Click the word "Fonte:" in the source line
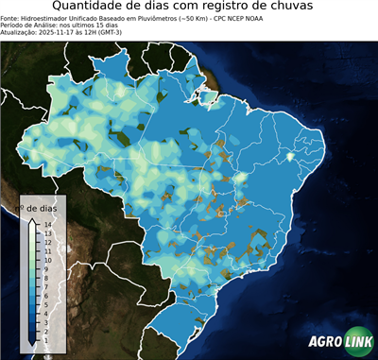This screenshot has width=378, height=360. [10, 17]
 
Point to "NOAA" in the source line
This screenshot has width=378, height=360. [248, 17]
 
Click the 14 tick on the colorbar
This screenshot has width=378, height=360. [46, 224]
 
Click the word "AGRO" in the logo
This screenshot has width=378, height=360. [324, 342]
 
